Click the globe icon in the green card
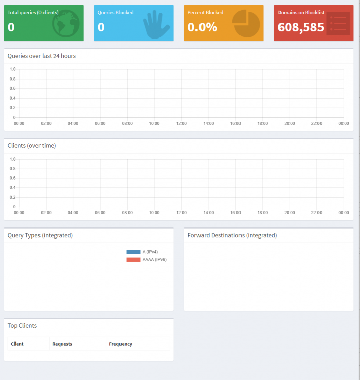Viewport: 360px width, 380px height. tap(66, 23)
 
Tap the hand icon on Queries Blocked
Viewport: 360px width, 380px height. tap(156, 25)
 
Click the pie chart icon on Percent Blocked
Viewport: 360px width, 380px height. tap(246, 23)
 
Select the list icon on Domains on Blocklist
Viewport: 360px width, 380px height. tap(338, 23)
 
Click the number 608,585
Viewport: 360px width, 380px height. tap(301, 27)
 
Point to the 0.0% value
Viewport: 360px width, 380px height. tap(203, 27)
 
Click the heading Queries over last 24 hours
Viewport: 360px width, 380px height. tap(42, 56)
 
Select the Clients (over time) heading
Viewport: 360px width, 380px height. tap(31, 145)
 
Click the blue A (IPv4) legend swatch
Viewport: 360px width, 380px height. tap(133, 252)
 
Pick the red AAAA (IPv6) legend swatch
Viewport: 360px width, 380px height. tap(133, 260)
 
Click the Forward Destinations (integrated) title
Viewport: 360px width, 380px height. tap(232, 235)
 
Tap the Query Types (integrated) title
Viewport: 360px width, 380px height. tap(40, 235)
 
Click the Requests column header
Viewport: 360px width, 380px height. tap(62, 344)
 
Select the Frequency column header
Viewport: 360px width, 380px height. tap(121, 344)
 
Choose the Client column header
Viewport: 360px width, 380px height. tap(17, 344)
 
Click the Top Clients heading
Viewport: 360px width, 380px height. tap(22, 325)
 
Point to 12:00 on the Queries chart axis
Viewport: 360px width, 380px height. tap(181, 123)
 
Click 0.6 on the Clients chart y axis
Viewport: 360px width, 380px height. tap(12, 178)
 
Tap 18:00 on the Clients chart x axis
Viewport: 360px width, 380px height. tap(263, 213)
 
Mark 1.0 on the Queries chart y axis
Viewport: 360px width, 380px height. tap(12, 69)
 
